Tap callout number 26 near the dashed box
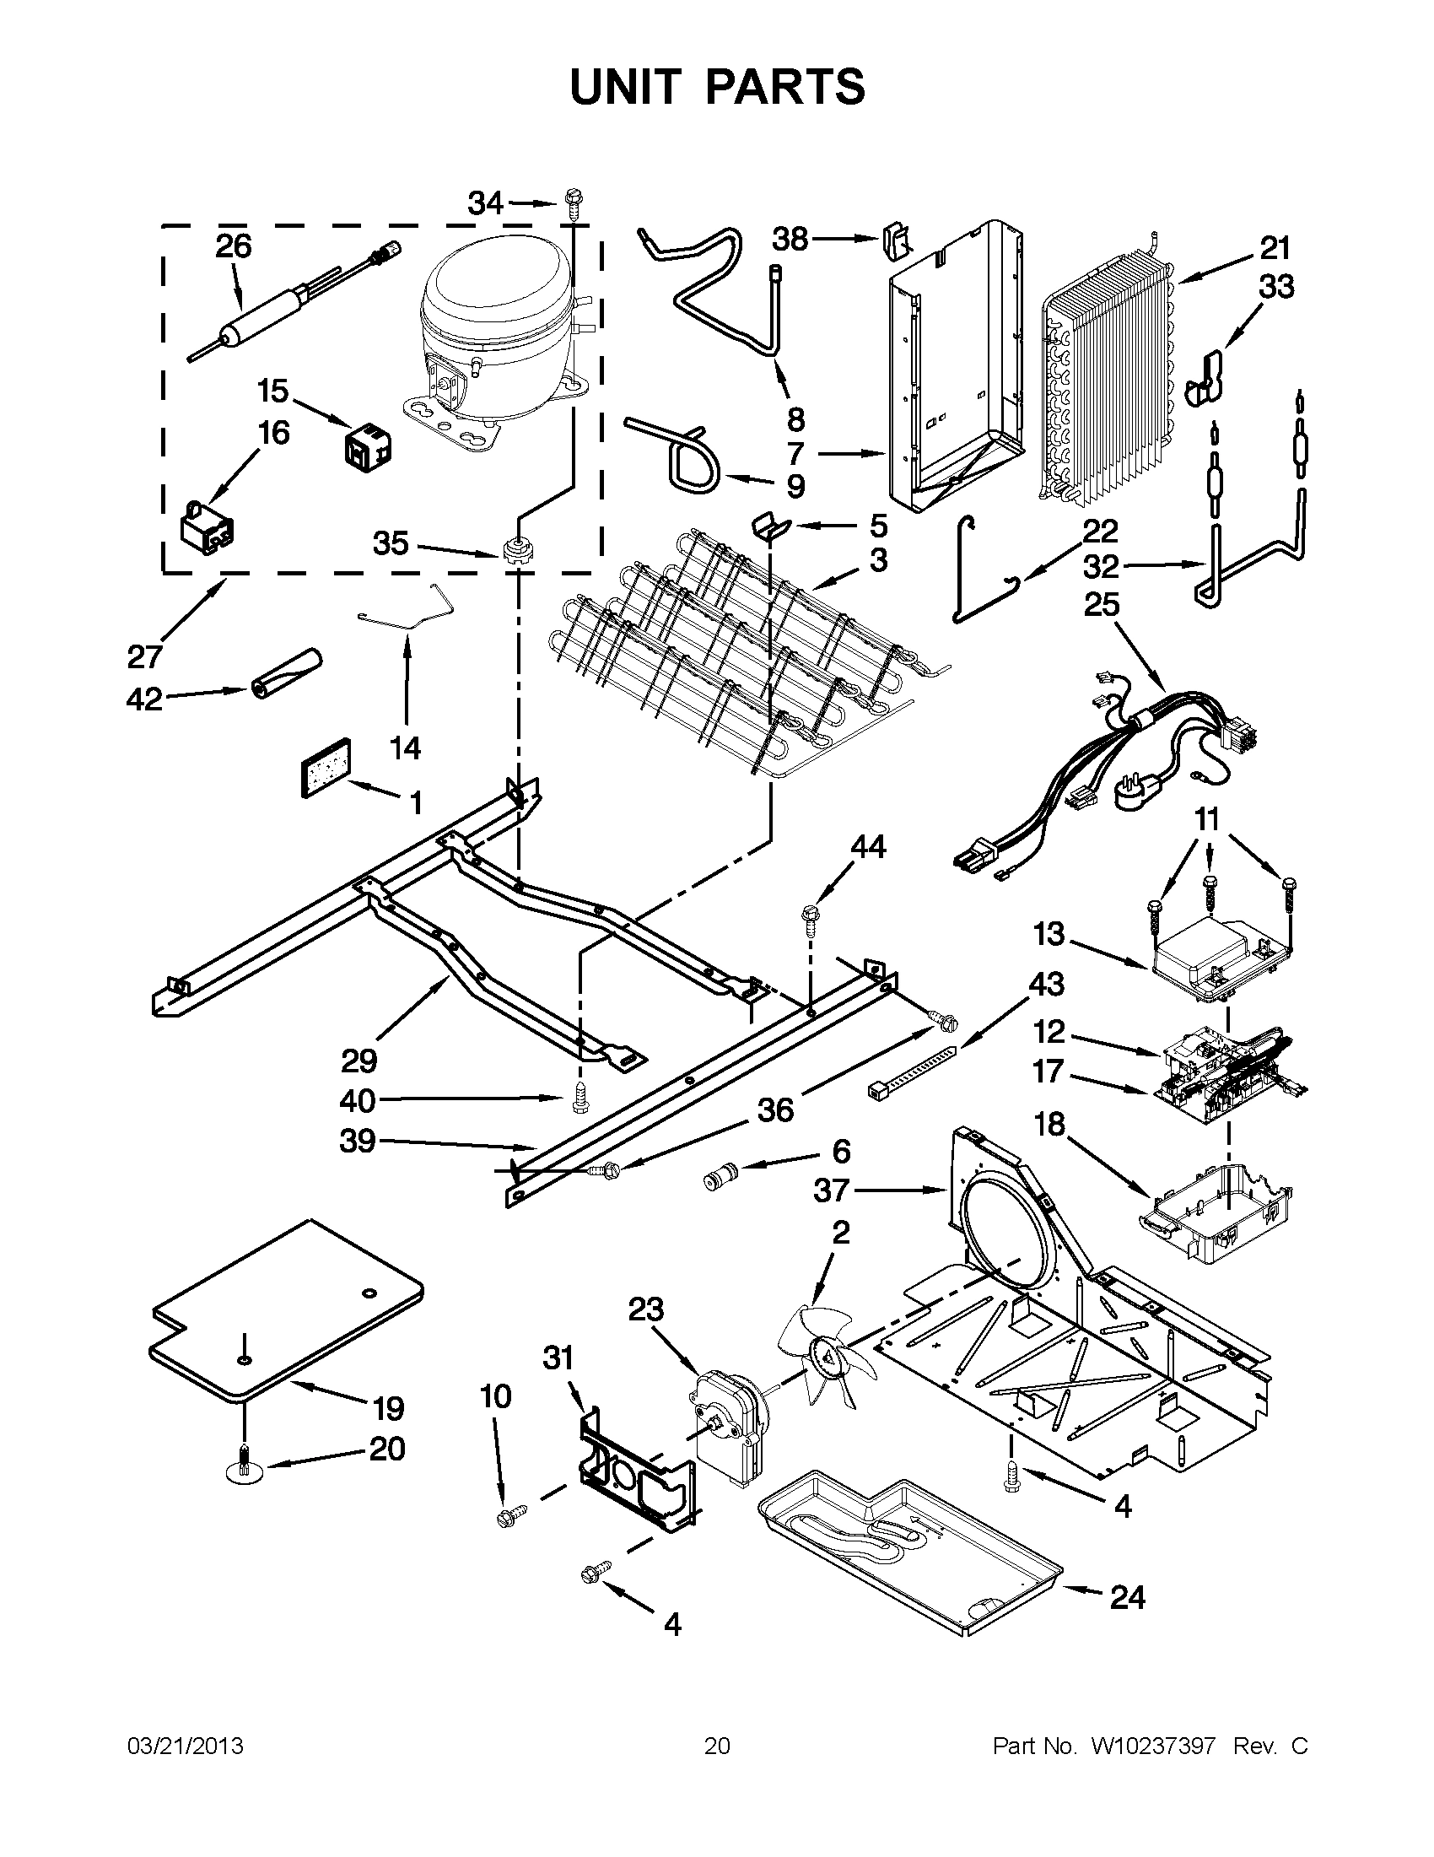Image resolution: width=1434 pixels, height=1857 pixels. pos(233,246)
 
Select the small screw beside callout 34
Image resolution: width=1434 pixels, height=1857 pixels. pos(571,205)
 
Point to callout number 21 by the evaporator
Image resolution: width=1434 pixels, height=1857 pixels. pos(1275,248)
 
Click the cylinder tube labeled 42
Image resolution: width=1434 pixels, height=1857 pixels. pos(288,672)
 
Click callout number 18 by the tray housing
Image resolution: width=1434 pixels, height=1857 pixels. pos(1049,1124)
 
